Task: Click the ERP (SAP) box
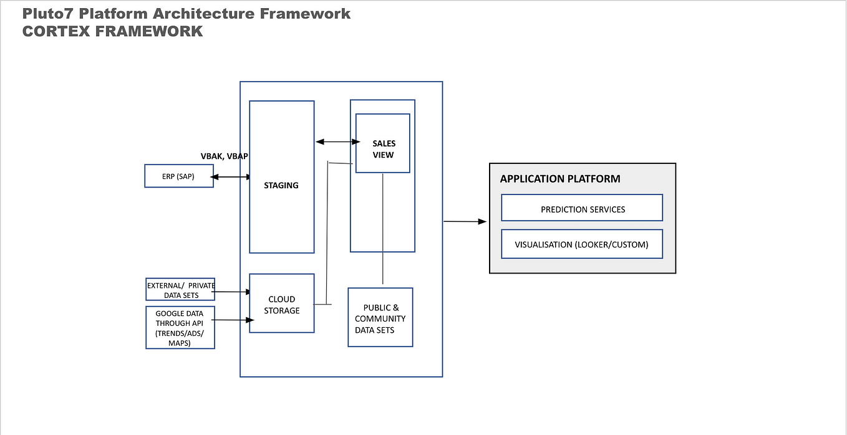coord(178,176)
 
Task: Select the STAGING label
coord(281,185)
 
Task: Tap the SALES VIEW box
coord(383,148)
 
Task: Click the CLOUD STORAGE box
coord(281,304)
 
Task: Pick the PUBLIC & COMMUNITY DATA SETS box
coord(380,318)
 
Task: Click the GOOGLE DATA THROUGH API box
coord(180,327)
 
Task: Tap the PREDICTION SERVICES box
coord(582,209)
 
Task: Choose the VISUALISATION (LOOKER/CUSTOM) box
coord(582,244)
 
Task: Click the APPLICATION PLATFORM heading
coord(559,179)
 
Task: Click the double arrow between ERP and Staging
coord(231,178)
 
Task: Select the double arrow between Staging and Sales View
coord(337,142)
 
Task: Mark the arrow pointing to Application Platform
coord(465,221)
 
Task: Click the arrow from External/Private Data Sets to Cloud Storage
coord(232,291)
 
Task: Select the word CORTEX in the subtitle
coord(53,31)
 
